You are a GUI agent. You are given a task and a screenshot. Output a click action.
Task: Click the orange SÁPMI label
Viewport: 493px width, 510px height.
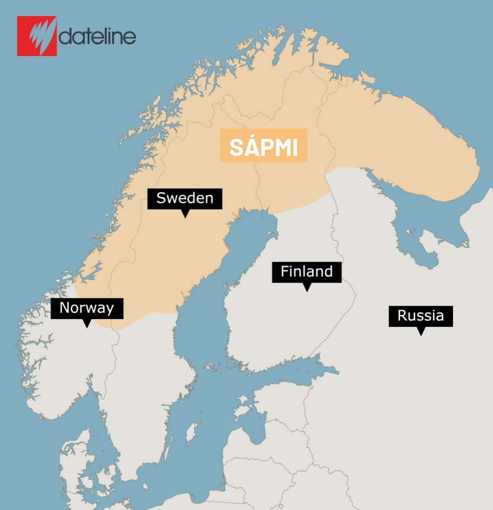tap(263, 146)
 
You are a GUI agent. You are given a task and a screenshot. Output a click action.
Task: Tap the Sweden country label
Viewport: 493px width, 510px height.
tap(185, 198)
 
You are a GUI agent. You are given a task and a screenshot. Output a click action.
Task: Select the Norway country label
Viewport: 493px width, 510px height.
tap(87, 308)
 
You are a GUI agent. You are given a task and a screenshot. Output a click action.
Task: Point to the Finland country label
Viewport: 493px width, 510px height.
tap(307, 272)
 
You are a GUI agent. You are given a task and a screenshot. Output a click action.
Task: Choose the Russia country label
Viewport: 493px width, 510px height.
tap(420, 316)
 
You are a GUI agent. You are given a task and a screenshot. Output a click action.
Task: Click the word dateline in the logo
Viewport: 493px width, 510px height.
tap(98, 37)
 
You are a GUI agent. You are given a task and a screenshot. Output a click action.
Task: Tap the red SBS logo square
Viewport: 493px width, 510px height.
tap(37, 36)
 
